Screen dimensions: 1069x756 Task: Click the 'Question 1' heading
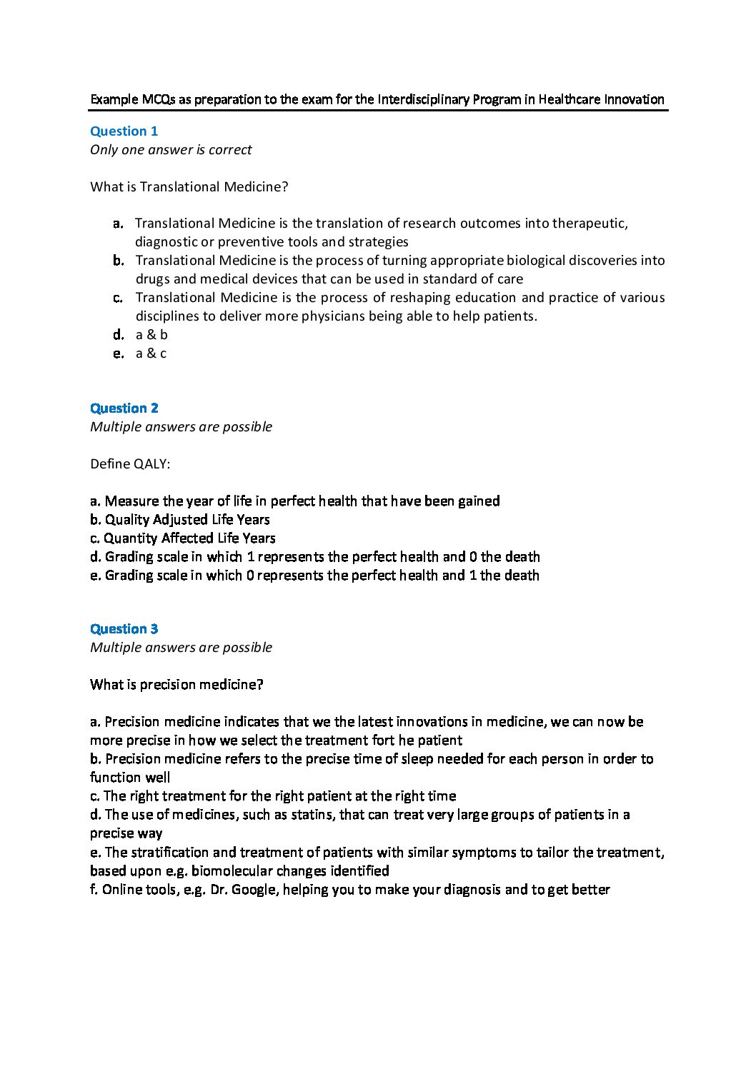[124, 131]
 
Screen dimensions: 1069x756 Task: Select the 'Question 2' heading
[124, 408]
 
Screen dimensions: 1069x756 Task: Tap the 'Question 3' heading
[124, 628]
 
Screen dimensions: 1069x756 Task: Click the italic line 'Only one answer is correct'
[171, 149]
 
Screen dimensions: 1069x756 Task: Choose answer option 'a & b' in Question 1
[151, 334]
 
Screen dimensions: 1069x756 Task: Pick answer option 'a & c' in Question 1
[151, 353]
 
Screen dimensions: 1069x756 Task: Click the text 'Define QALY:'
[130, 463]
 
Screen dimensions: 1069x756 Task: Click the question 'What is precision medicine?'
[176, 684]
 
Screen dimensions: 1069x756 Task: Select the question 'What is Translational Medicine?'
[189, 186]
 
